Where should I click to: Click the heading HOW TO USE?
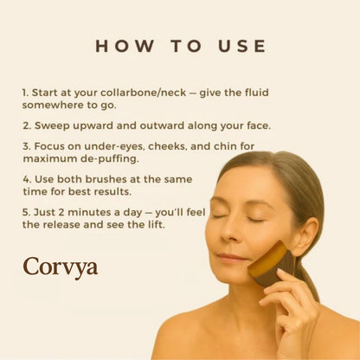[180, 46]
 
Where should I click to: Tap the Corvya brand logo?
[60, 266]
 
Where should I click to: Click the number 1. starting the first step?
[26, 90]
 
